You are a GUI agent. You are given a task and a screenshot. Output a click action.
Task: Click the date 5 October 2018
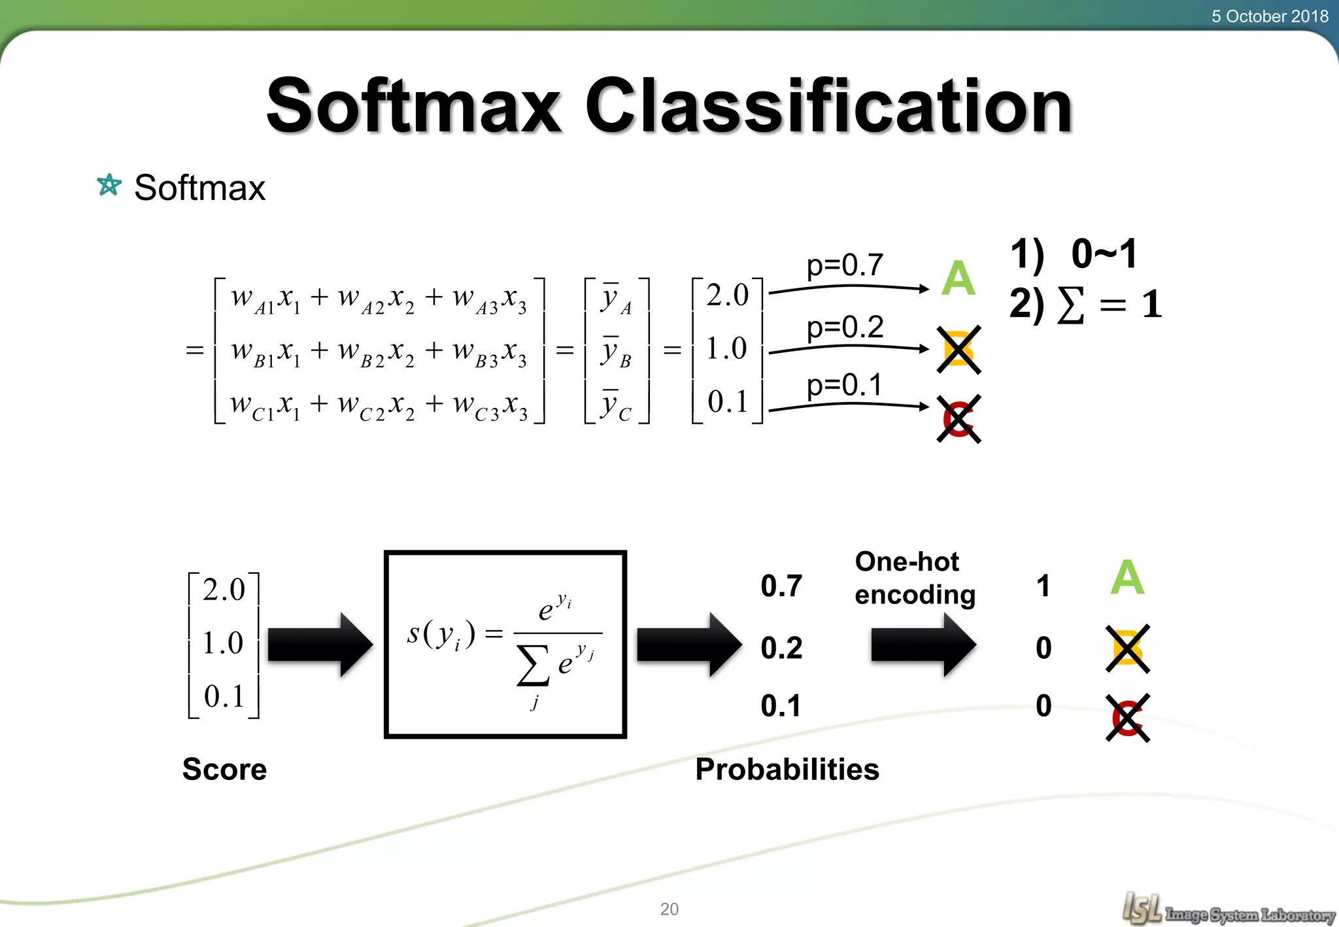1269,16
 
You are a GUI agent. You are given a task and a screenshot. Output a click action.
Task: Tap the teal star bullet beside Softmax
109,186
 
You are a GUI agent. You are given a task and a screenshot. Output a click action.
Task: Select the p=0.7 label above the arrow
845,265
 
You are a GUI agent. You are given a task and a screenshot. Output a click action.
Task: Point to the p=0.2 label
845,327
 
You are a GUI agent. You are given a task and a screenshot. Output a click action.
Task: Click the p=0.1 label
845,385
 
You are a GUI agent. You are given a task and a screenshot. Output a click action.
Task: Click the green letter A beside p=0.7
958,278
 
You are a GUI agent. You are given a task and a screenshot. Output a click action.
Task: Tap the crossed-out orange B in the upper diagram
958,350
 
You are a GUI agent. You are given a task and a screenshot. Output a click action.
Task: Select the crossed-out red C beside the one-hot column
1127,717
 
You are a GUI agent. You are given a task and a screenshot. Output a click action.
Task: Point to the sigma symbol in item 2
1070,305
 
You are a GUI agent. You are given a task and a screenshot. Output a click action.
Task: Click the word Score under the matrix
224,769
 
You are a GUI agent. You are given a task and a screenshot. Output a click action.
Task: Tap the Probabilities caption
787,769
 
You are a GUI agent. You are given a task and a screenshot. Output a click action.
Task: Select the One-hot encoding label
914,578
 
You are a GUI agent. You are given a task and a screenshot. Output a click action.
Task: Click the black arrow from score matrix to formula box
320,645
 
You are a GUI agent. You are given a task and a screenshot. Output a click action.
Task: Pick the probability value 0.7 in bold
781,586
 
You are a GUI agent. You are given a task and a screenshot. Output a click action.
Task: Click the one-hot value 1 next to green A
1043,586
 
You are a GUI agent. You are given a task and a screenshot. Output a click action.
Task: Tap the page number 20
669,909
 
